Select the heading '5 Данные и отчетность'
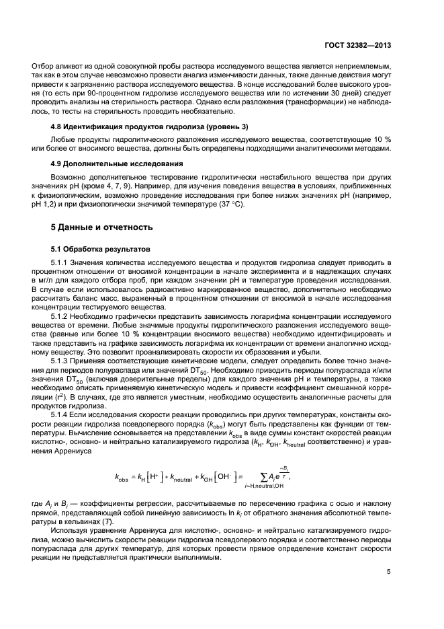coord(104,227)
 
